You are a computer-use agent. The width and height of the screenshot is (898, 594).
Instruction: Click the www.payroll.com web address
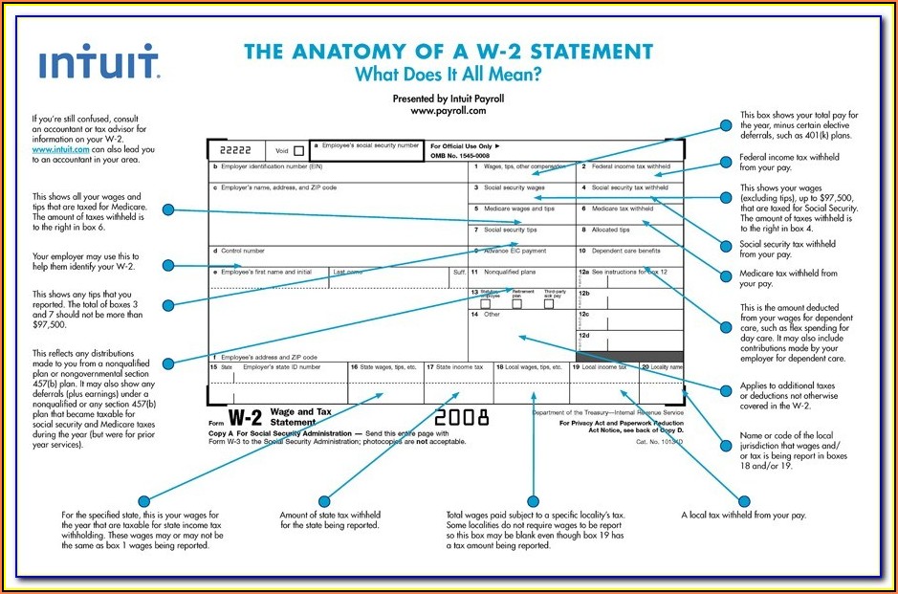pos(449,111)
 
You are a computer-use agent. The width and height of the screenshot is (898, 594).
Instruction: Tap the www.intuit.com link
pos(60,150)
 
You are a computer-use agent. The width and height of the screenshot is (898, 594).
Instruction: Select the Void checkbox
pos(299,150)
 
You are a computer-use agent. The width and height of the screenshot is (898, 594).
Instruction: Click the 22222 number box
pos(235,150)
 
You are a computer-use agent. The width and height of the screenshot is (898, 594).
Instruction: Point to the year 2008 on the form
pos(462,417)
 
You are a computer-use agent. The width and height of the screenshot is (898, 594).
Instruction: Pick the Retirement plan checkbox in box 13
pos(516,303)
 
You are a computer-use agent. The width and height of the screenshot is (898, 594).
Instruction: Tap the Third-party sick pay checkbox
pos(549,303)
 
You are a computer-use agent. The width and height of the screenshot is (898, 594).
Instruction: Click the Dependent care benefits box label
pos(625,251)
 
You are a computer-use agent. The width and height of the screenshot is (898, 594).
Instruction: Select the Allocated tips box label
pos(611,230)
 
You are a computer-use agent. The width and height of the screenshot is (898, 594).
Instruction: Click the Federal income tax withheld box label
pos(627,166)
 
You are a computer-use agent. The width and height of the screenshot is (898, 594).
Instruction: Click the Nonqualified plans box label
pos(509,272)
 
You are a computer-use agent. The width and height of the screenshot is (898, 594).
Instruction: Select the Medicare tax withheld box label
pos(622,209)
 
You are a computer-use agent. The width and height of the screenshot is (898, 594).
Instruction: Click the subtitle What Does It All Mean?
pos(449,74)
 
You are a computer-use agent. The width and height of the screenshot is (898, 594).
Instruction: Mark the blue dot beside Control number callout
pos(167,266)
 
